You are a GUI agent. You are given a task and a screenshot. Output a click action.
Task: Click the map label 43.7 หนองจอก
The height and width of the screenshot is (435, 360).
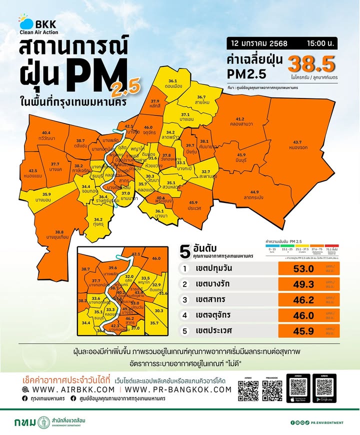tap(300, 145)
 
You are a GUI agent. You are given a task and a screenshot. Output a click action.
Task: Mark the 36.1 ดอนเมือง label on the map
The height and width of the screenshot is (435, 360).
tap(173, 83)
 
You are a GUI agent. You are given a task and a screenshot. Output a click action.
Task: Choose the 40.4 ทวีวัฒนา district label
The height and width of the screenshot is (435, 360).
tap(46, 135)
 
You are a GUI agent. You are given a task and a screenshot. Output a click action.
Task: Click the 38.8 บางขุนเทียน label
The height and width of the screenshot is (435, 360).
tap(59, 235)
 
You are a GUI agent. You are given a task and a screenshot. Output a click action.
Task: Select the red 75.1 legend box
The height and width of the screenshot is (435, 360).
tap(331, 248)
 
